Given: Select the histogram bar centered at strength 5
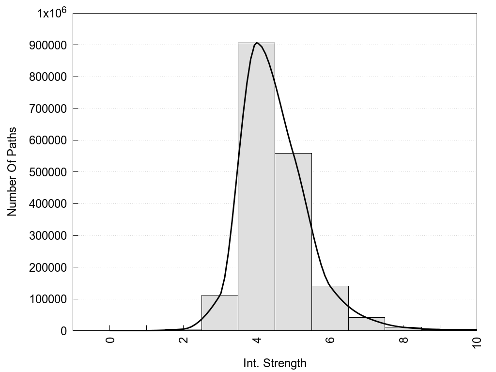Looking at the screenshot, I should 293,242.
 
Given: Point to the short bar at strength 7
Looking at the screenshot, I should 367,324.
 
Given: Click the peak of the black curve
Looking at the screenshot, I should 257,43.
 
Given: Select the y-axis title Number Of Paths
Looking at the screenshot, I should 12,171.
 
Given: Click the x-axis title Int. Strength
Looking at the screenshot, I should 275,363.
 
